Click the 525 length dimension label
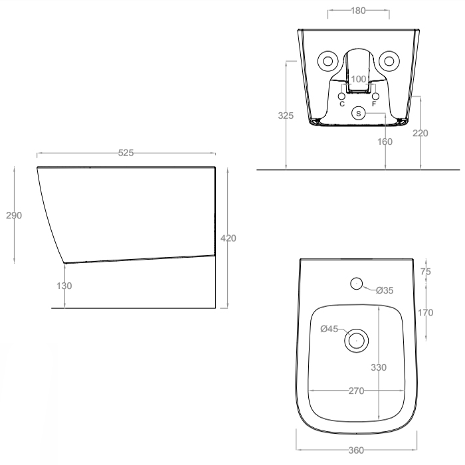[126, 153]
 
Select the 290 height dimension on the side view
[14, 215]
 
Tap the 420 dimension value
[229, 238]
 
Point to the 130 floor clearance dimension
[64, 286]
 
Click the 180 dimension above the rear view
[358, 11]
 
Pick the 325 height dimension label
[286, 116]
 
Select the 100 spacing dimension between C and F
[359, 79]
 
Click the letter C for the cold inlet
[342, 104]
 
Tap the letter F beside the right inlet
[374, 104]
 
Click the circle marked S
[359, 114]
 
